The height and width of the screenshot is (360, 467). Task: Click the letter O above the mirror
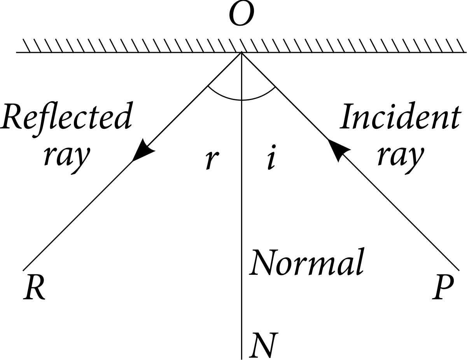[x=241, y=15]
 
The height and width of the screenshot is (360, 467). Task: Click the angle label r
[x=212, y=159]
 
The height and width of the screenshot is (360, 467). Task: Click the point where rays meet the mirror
[x=242, y=52]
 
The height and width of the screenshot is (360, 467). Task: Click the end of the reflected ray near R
[x=24, y=269]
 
